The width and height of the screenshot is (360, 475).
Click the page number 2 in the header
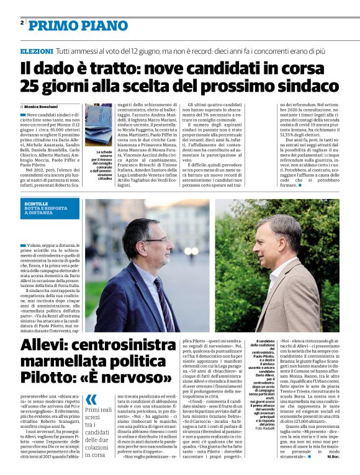click(x=22, y=23)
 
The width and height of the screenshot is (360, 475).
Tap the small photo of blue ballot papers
click(x=99, y=127)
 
